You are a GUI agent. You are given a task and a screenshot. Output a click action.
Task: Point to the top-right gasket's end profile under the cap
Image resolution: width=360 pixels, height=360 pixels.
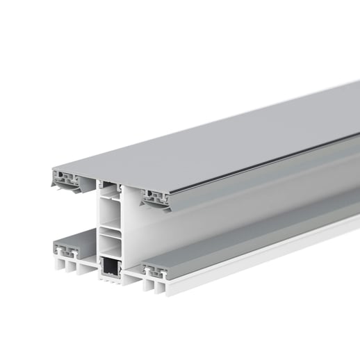(158, 197)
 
